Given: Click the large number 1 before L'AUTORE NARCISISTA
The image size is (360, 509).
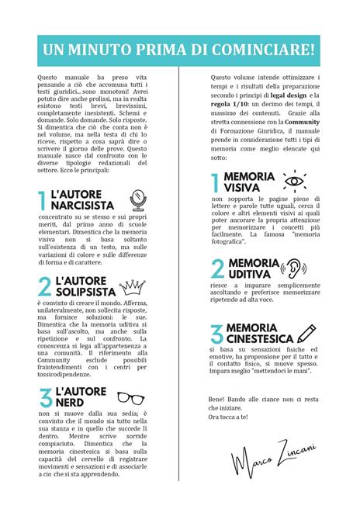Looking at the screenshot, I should click(42, 201).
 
